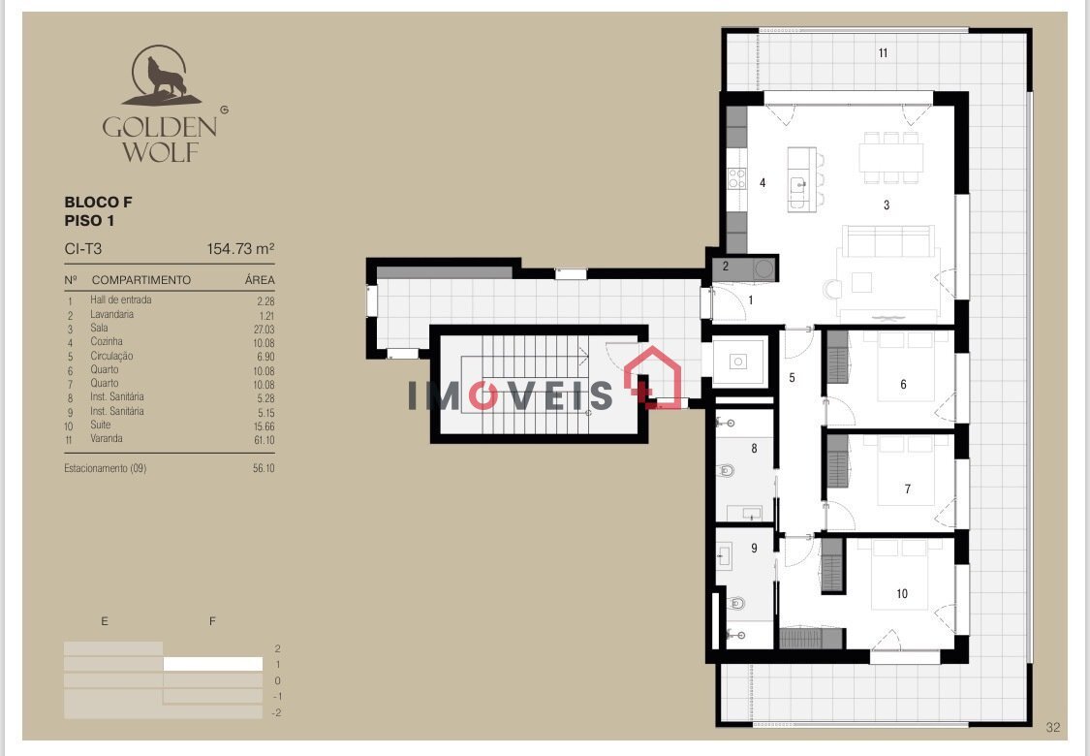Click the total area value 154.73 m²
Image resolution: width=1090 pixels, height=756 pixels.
click(x=240, y=249)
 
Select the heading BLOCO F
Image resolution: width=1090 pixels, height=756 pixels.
click(x=98, y=203)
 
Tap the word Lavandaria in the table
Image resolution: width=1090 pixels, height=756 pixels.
click(x=112, y=314)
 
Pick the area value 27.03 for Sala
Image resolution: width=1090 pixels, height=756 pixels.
click(x=265, y=330)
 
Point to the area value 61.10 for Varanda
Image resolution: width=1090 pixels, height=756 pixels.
click(x=265, y=440)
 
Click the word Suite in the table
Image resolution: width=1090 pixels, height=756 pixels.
click(x=101, y=425)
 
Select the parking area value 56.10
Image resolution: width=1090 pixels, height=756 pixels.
click(x=265, y=469)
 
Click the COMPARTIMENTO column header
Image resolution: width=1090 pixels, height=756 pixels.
click(x=141, y=280)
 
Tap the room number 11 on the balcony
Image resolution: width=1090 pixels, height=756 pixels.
click(x=883, y=53)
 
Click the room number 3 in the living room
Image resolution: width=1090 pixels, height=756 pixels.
click(x=887, y=205)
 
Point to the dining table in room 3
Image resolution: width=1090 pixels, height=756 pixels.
click(x=891, y=158)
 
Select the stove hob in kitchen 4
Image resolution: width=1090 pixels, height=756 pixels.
click(x=737, y=178)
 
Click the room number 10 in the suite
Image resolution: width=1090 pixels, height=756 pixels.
click(x=902, y=594)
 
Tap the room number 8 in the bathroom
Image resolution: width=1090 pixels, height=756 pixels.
click(x=754, y=449)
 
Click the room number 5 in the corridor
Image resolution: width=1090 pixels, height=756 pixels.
click(x=792, y=378)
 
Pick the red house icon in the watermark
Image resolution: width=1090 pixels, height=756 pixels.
click(x=652, y=376)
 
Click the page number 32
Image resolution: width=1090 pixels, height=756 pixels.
click(x=1053, y=728)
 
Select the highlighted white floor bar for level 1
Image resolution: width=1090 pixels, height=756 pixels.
click(x=213, y=664)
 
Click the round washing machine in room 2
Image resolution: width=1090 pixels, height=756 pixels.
click(x=764, y=268)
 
